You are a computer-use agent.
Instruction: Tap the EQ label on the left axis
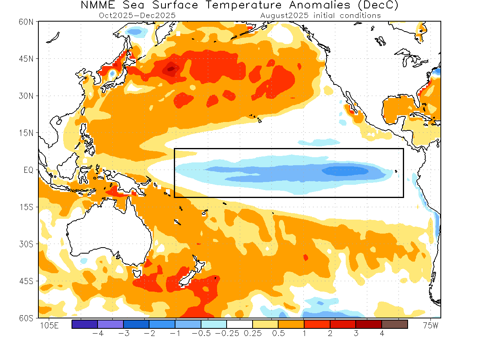pyautogui.click(x=28, y=170)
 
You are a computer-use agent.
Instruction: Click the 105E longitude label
pyautogui.click(x=50, y=326)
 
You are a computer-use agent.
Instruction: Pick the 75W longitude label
pyautogui.click(x=430, y=326)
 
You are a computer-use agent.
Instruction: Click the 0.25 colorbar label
pyautogui.click(x=252, y=333)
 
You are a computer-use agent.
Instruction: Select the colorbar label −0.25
pyautogui.click(x=226, y=333)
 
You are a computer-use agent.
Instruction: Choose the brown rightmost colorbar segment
pyautogui.click(x=394, y=324)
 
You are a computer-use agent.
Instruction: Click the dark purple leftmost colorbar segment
pyautogui.click(x=85, y=324)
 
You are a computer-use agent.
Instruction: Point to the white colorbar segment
pyautogui.click(x=239, y=324)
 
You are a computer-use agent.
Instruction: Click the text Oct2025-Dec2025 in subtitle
pyautogui.click(x=137, y=16)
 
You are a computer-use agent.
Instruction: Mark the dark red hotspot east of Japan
pyautogui.click(x=171, y=69)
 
